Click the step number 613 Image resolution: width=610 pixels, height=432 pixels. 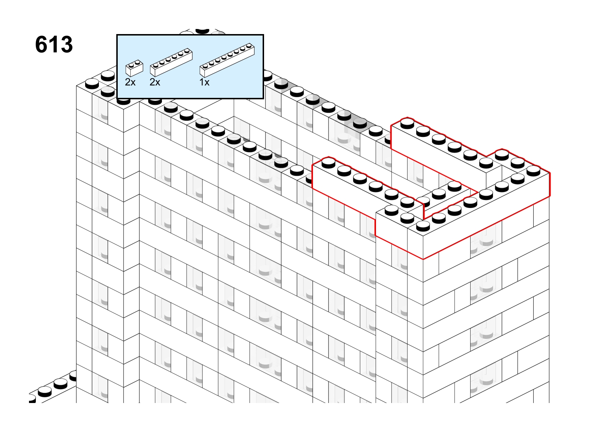pyautogui.click(x=54, y=45)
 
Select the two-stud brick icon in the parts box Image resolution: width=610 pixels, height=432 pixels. pyautogui.click(x=134, y=68)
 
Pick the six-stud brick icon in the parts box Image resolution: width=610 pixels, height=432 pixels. pyautogui.click(x=171, y=62)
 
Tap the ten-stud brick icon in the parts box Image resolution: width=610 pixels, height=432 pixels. pyautogui.click(x=227, y=60)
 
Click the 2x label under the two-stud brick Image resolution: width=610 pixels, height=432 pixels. pyautogui.click(x=130, y=82)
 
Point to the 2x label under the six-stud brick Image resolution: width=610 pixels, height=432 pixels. pyautogui.click(x=155, y=82)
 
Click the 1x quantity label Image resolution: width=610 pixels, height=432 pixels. pyautogui.click(x=205, y=82)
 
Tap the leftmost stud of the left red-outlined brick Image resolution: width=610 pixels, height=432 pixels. pyautogui.click(x=329, y=163)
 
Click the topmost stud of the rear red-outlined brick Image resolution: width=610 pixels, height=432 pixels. pyautogui.click(x=408, y=123)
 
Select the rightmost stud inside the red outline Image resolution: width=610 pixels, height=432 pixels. pyautogui.click(x=534, y=170)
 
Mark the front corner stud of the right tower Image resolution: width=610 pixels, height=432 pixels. pyautogui.click(x=423, y=225)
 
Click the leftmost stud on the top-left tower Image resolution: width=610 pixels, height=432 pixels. pyautogui.click(x=92, y=83)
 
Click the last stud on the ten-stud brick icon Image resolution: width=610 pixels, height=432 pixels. pyautogui.click(x=249, y=46)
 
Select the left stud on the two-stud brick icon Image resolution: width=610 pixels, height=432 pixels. pyautogui.click(x=131, y=65)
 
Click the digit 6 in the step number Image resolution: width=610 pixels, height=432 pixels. pyautogui.click(x=41, y=45)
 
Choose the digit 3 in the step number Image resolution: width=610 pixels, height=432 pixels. pyautogui.click(x=66, y=45)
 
